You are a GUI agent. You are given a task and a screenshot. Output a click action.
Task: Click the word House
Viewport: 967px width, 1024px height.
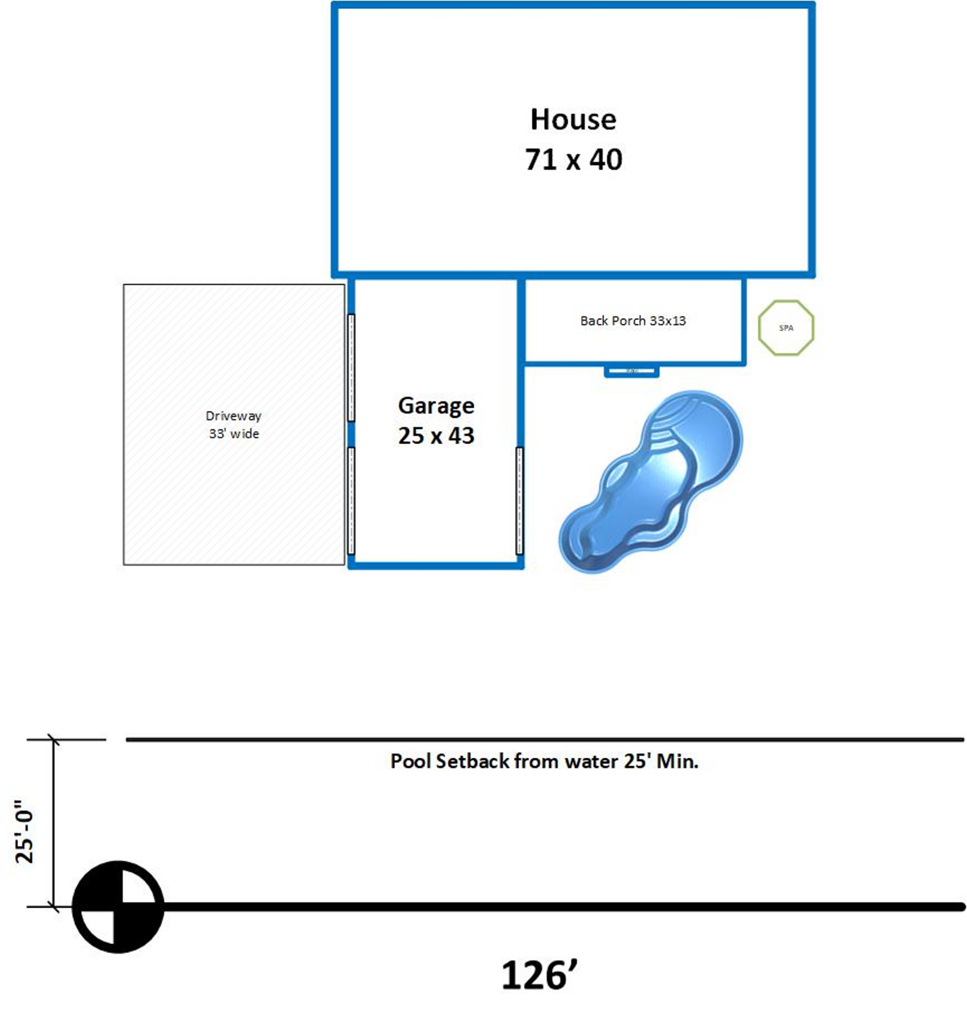(573, 120)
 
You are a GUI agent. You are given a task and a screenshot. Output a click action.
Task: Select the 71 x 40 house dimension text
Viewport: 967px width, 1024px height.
(573, 159)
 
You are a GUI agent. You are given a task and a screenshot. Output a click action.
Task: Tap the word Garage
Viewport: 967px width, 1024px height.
(436, 406)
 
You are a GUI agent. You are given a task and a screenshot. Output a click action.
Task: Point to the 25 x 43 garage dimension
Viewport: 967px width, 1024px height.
(436, 436)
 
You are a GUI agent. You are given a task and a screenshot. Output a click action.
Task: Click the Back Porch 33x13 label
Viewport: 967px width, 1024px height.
(632, 321)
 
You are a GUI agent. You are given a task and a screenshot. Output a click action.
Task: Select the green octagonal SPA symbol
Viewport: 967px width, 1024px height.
(786, 328)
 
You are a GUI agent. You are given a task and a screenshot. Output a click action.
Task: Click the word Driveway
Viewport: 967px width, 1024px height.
(234, 416)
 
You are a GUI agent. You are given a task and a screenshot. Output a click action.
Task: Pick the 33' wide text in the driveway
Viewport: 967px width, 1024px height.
(234, 434)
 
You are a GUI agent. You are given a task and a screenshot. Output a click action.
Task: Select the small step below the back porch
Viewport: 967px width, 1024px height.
(632, 371)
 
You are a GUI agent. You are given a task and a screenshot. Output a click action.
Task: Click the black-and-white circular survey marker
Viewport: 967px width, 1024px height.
(118, 906)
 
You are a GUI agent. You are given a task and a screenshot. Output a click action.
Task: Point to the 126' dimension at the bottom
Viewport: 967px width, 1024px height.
(539, 975)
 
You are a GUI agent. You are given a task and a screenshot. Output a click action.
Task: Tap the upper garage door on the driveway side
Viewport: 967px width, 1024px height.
(351, 367)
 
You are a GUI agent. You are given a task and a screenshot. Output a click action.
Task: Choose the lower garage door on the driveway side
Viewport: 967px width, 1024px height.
(351, 500)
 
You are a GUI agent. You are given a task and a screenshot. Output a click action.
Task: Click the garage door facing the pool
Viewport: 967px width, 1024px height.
(519, 500)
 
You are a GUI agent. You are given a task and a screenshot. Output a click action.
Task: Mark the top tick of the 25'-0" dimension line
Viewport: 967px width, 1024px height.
(54, 740)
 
